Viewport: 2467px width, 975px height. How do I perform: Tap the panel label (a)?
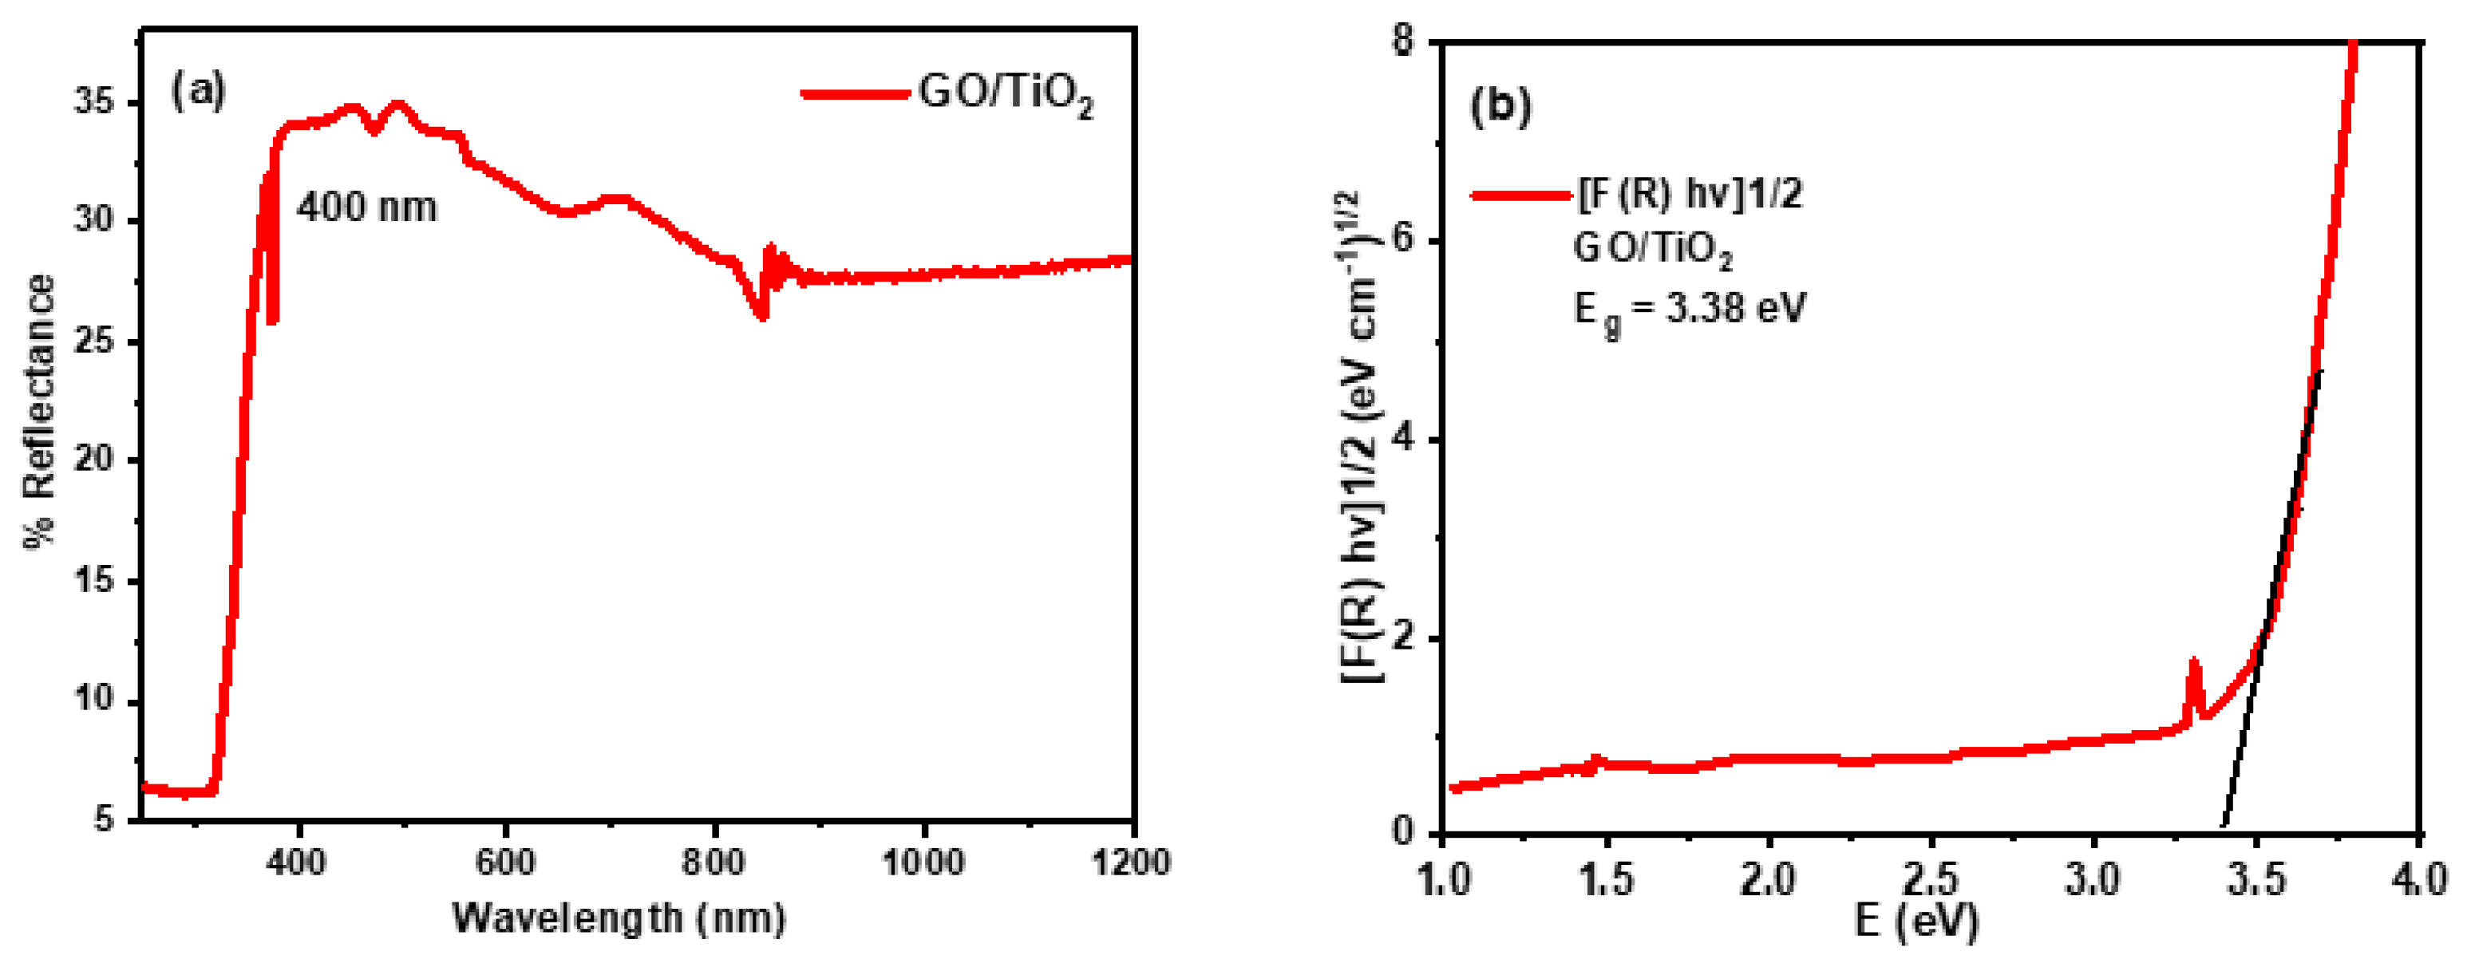(x=198, y=91)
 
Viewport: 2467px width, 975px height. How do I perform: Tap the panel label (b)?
(x=1500, y=105)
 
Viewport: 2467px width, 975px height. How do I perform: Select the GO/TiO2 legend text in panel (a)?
(x=1006, y=96)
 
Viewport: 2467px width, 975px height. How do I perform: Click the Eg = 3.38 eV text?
(x=1690, y=310)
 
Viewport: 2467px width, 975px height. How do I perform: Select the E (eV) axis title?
(x=1916, y=921)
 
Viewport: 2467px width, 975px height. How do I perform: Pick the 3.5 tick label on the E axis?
(x=2256, y=878)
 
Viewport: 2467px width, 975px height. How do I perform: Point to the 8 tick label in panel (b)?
(x=1404, y=44)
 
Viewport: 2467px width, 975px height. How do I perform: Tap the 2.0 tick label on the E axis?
(x=1768, y=878)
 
